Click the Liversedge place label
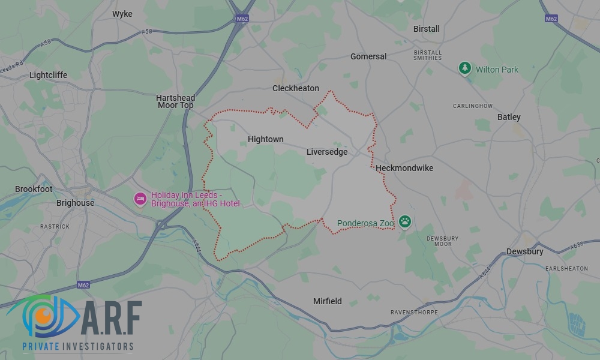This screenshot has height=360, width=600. point(327,152)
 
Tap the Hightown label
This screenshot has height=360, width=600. point(265,139)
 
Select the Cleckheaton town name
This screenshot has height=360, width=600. point(296,88)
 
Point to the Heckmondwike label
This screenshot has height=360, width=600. point(404,168)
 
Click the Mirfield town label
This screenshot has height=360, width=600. point(328,301)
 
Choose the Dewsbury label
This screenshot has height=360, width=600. point(525,251)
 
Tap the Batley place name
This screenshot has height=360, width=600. point(509,117)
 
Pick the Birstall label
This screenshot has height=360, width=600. point(427,29)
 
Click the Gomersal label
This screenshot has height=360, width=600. point(368,56)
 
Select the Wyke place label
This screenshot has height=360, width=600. point(122,14)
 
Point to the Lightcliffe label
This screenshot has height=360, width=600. point(49,75)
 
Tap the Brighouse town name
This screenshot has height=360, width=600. point(75,203)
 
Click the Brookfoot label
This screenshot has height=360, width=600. point(34,189)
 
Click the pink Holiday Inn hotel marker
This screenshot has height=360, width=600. point(140,199)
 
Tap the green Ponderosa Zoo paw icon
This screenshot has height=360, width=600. point(406,222)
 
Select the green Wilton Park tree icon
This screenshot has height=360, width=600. point(465,68)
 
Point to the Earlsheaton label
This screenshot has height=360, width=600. point(567,269)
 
